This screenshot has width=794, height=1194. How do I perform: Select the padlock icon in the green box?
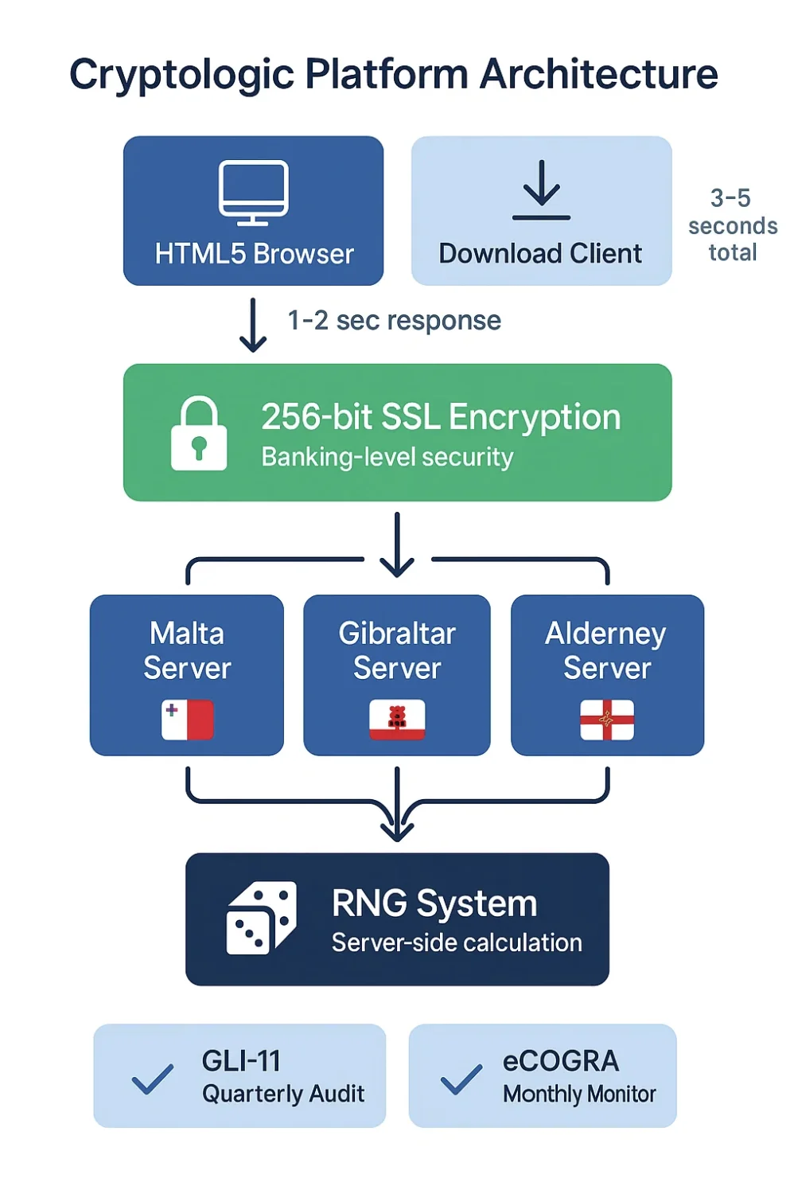click(x=199, y=434)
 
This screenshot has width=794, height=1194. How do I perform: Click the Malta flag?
click(x=187, y=720)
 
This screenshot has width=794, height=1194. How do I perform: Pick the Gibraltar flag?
click(x=397, y=720)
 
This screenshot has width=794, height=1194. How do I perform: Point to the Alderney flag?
click(x=607, y=720)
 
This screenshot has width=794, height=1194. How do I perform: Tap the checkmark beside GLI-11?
click(x=152, y=1079)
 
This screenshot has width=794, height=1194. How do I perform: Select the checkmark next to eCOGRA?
click(x=461, y=1079)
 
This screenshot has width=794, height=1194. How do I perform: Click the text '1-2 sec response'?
click(x=394, y=321)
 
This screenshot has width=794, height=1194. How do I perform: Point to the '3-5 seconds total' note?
click(x=732, y=225)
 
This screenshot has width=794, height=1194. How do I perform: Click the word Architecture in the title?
click(x=598, y=75)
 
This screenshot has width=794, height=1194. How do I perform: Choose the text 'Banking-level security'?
click(x=387, y=457)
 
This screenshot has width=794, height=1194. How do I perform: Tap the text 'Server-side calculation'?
click(x=457, y=942)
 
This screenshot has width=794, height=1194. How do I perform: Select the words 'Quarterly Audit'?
click(x=283, y=1094)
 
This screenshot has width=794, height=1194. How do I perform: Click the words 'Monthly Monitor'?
click(x=579, y=1094)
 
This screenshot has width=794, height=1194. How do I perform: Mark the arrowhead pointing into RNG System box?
click(x=397, y=830)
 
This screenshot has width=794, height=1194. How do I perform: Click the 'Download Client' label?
click(x=540, y=253)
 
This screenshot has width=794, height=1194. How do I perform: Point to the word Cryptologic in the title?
click(x=182, y=75)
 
